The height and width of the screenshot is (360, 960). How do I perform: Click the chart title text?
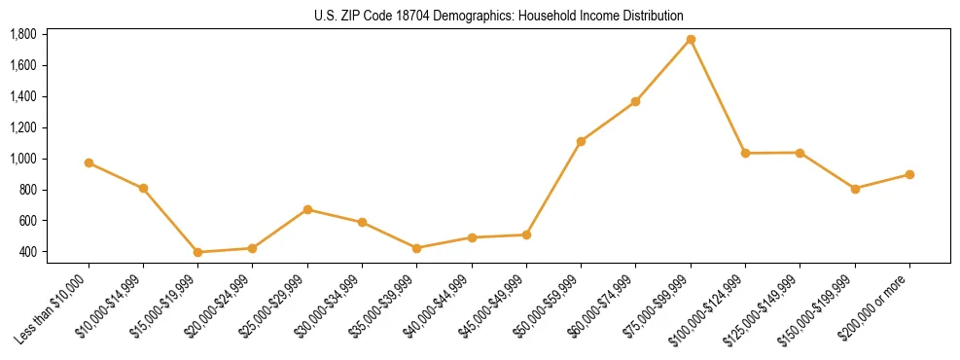pyautogui.click(x=499, y=16)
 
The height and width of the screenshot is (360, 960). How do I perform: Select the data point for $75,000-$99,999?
pyautogui.click(x=691, y=39)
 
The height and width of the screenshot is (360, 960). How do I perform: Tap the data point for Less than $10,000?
pyautogui.click(x=89, y=162)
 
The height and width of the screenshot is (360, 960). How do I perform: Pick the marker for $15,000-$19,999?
pyautogui.click(x=198, y=252)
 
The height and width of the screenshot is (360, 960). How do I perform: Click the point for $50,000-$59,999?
pyautogui.click(x=581, y=141)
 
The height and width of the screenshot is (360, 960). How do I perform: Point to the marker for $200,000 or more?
pyautogui.click(x=909, y=174)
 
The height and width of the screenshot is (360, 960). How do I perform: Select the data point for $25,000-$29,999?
pyautogui.click(x=307, y=209)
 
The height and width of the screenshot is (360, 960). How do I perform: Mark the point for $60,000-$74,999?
pyautogui.click(x=636, y=101)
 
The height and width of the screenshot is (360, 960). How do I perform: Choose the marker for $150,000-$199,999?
pyautogui.click(x=855, y=189)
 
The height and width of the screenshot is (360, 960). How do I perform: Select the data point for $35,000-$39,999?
pyautogui.click(x=416, y=248)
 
